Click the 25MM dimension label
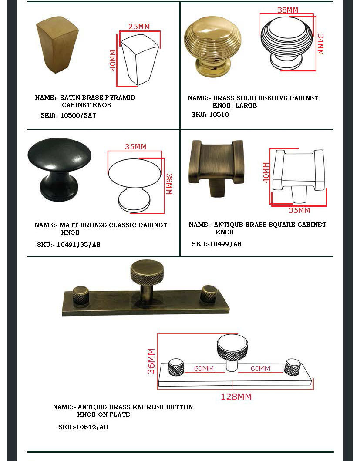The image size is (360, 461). coord(139,27)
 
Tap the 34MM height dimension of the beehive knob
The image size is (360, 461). coord(320,44)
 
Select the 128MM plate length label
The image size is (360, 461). coord(236,397)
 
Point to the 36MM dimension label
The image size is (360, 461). coord(151,361)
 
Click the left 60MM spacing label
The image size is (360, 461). coord(204,368)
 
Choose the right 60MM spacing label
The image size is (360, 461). coord(260,368)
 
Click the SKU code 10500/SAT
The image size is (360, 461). coord(78,115)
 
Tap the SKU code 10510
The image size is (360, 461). coord(219,114)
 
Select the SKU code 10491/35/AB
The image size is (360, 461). coord(78,245)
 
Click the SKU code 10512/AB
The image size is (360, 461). coord(92,427)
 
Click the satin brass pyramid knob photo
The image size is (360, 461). coord(57,44)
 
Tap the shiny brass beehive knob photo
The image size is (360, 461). coord(212,47)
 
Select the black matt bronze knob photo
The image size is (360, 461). coord(59,169)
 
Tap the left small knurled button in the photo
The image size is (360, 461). coord(81,296)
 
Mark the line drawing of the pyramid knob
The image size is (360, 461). coord(140,60)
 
